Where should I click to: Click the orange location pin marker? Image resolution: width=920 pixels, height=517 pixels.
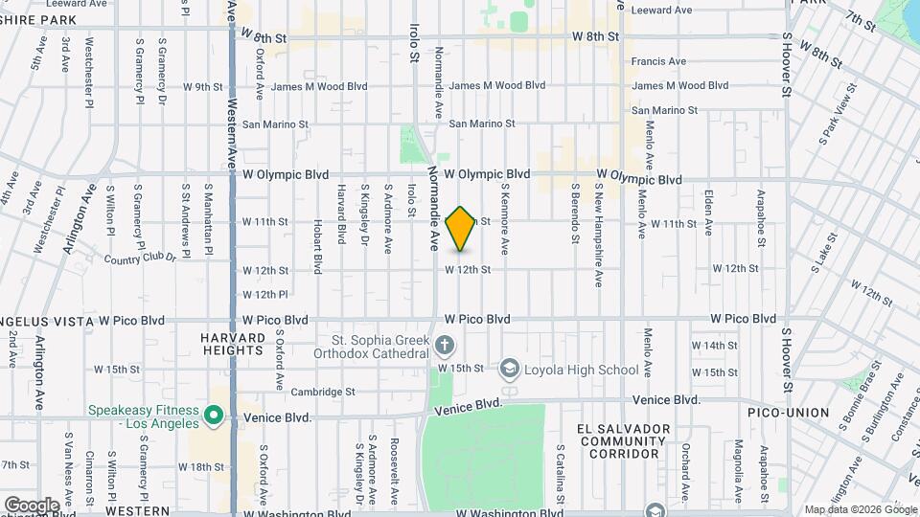(x=461, y=228)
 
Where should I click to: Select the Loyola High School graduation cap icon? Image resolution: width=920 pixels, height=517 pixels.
(x=510, y=370)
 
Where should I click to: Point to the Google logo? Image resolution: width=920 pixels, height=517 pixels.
(x=31, y=505)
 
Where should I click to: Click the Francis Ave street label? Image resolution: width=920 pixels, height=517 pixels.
(x=665, y=61)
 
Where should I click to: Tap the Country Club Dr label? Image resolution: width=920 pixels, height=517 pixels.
(x=140, y=258)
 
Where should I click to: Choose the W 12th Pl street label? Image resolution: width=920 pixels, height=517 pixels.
(x=265, y=294)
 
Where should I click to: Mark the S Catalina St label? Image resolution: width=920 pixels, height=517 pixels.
(x=561, y=473)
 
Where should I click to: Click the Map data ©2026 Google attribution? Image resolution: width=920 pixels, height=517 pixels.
(x=860, y=509)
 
